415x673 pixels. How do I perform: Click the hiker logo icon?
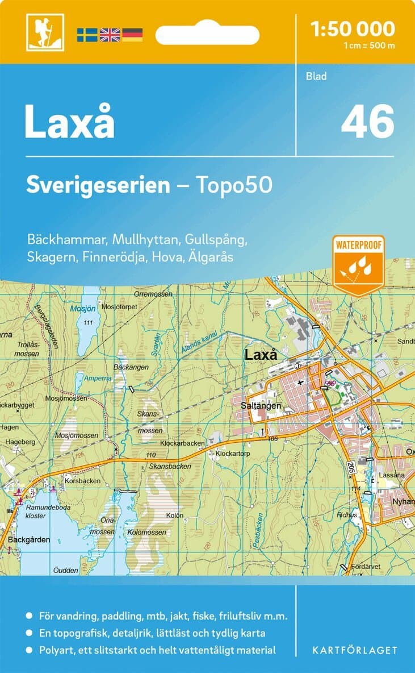click(x=45, y=33)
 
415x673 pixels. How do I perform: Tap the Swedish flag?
click(x=87, y=35)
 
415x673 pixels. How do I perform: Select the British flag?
click(x=110, y=35)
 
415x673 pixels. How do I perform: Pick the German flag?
click(x=132, y=35)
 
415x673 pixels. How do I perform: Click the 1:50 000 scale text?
click(x=353, y=28)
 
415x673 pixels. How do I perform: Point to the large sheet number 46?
click(x=367, y=121)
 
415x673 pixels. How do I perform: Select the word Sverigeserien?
click(x=98, y=185)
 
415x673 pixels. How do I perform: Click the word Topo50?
click(x=234, y=185)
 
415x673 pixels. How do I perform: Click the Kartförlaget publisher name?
click(x=355, y=650)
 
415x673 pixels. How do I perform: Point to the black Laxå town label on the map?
click(x=261, y=355)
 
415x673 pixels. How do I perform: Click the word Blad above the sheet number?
click(x=316, y=76)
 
